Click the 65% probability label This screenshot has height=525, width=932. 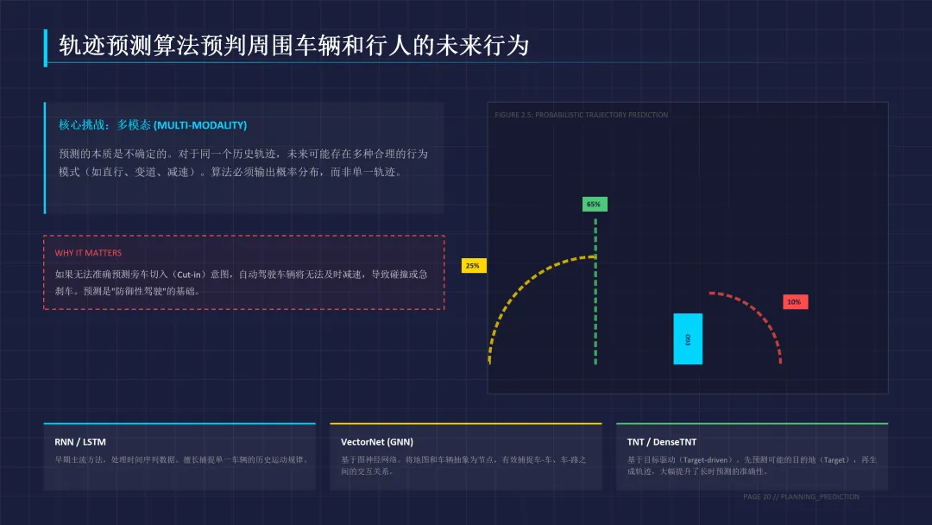594,205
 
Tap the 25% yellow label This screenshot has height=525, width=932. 473,266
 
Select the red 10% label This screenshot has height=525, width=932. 794,302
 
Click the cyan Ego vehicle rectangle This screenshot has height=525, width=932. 688,338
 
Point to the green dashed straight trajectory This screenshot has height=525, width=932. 595,294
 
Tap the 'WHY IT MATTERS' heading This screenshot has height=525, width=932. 88,253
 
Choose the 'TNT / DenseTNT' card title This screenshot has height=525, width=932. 661,442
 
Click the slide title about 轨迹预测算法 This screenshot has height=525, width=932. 293,46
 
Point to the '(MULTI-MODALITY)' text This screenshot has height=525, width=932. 200,125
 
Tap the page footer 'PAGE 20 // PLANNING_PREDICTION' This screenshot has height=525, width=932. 801,497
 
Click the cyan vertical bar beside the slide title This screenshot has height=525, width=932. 46,47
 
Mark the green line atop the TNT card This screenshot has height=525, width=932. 752,424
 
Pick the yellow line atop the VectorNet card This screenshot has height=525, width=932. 465,424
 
